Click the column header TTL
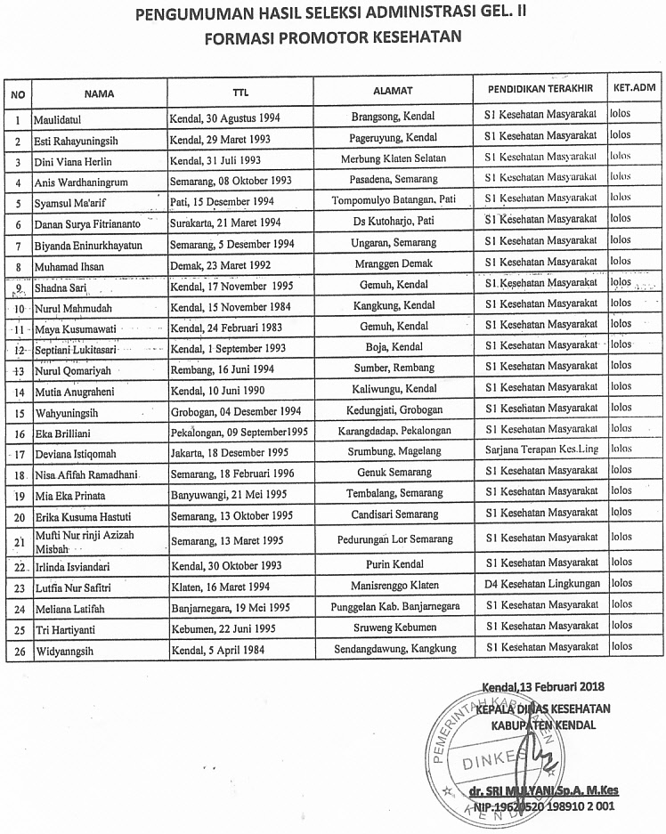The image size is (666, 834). [x=240, y=92]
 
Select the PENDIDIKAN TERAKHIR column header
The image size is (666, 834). [x=540, y=91]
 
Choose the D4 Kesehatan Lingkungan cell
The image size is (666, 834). [x=540, y=587]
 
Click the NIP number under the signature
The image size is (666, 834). [x=544, y=808]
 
